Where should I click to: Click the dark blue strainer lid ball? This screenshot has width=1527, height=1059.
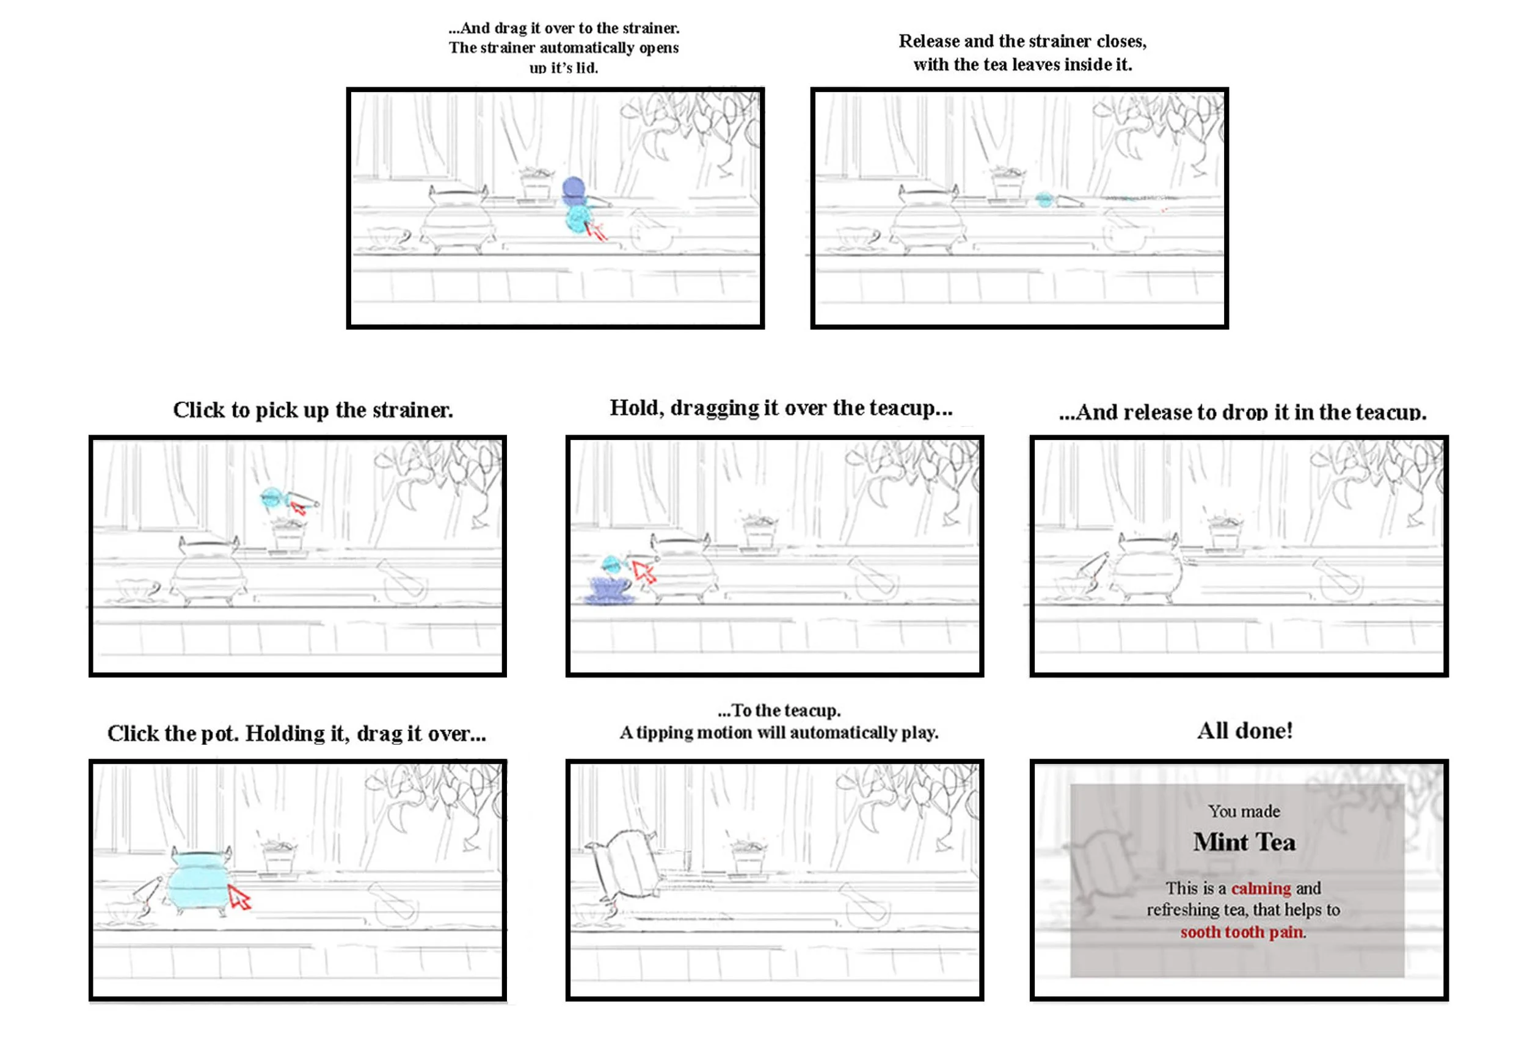tap(573, 188)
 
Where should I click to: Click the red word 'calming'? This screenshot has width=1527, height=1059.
tap(1260, 888)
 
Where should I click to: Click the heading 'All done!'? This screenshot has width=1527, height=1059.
tap(1244, 731)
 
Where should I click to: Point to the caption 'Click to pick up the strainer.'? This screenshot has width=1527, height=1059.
tap(313, 410)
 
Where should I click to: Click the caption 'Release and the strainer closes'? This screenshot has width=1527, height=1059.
tap(1022, 41)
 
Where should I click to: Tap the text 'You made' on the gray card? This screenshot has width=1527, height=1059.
tap(1243, 811)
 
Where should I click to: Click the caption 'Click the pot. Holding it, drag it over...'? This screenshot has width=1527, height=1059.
tap(296, 733)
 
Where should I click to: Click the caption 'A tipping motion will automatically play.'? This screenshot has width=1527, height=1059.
tap(778, 732)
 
